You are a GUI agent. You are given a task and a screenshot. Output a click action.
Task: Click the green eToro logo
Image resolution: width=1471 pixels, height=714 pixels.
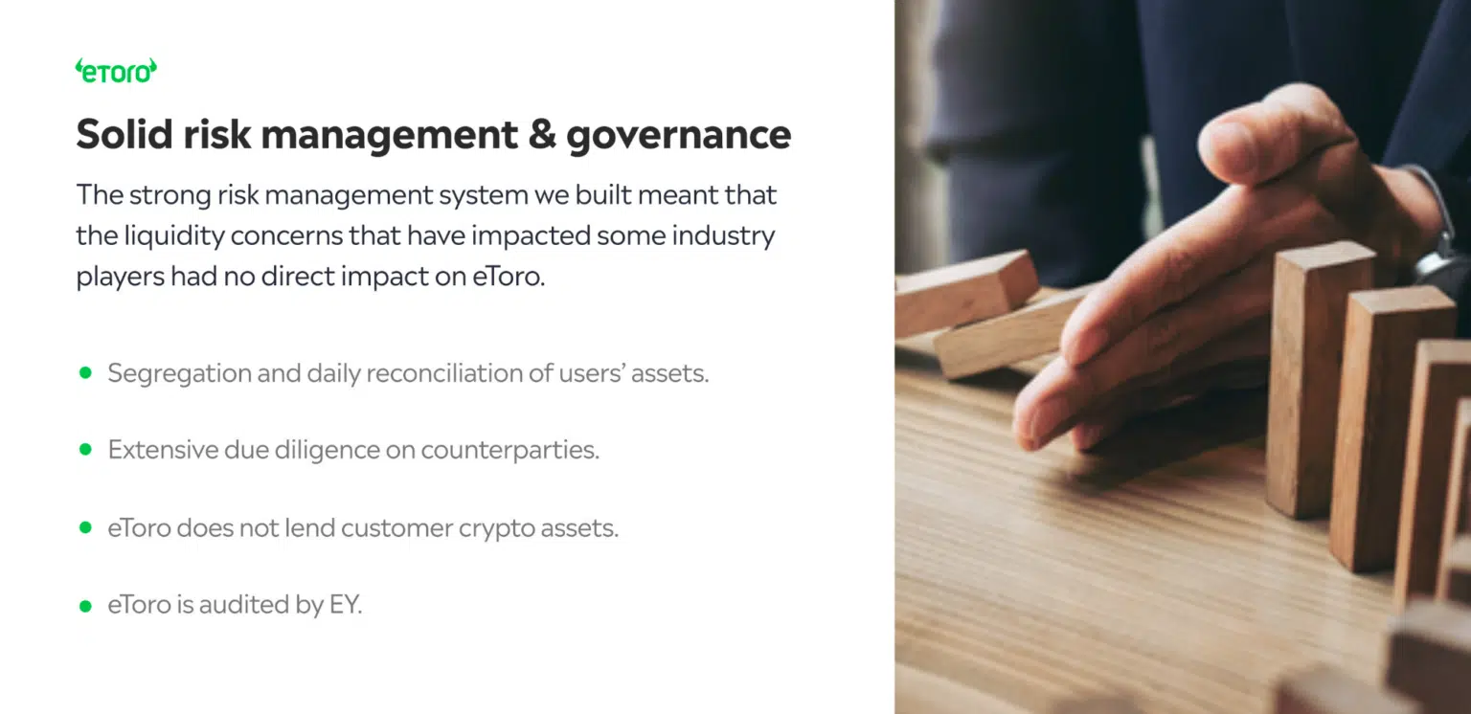[116, 71]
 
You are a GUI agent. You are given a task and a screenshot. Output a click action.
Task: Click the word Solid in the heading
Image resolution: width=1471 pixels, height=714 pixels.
[124, 134]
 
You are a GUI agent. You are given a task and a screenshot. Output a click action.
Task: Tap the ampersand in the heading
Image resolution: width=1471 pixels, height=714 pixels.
[542, 134]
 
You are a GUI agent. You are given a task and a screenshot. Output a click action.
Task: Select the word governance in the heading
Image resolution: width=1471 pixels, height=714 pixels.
[678, 137]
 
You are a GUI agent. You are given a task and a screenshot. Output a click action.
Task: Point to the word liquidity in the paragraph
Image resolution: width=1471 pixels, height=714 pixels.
[174, 235]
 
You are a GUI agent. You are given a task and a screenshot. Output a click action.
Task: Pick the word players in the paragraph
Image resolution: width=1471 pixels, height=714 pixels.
[120, 277]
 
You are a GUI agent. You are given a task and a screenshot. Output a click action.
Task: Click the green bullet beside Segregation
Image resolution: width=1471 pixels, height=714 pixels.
[85, 372]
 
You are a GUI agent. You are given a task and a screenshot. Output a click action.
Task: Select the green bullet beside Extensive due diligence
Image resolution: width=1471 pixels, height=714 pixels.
[85, 450]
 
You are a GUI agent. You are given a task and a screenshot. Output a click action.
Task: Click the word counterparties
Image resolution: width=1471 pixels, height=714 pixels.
[509, 451]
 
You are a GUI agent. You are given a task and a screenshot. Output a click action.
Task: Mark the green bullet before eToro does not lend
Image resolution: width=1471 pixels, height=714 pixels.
[85, 527]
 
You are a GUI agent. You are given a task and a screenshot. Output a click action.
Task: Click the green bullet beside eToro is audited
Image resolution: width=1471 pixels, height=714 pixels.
[85, 605]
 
